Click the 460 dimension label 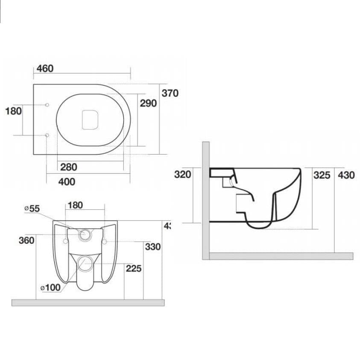(x=45, y=68)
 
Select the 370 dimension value (x=170, y=93)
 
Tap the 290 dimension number (x=149, y=103)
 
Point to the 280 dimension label (x=69, y=167)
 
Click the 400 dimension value (x=67, y=182)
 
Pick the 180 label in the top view (x=13, y=111)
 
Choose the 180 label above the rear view (x=75, y=205)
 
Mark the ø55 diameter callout (x=32, y=208)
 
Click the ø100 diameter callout (x=51, y=287)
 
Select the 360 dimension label (x=26, y=240)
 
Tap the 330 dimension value (x=152, y=247)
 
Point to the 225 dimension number (x=134, y=269)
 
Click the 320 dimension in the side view (x=183, y=174)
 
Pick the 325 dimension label (x=322, y=175)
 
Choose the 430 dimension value (x=346, y=175)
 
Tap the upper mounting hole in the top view (x=47, y=104)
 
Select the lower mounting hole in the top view (x=47, y=135)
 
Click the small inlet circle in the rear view (x=86, y=234)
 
